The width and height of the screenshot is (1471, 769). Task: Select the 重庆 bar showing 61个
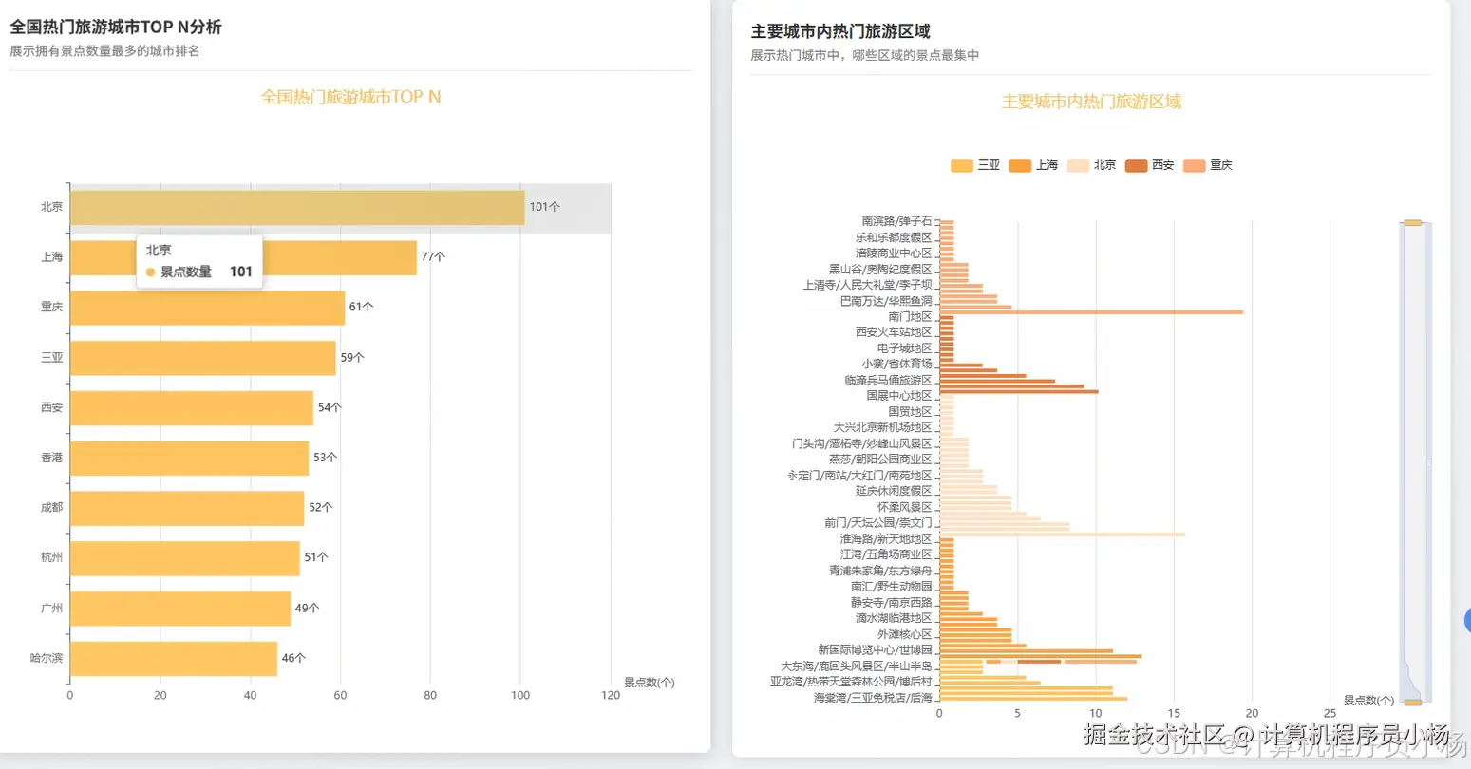point(207,308)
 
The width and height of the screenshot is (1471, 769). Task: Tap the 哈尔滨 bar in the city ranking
point(173,659)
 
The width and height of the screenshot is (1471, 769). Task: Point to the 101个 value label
point(544,207)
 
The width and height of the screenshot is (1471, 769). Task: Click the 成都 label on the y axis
point(51,508)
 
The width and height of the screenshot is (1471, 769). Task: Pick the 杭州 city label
point(51,557)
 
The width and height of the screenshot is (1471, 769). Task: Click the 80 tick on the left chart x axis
point(430,695)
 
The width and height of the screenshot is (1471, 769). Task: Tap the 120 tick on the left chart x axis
point(611,695)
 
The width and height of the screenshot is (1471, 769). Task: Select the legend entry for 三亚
point(975,165)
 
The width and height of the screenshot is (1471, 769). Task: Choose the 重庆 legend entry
point(1208,165)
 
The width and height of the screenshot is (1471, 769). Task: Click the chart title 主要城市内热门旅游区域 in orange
point(1091,102)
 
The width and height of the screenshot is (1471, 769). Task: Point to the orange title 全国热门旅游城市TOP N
point(350,97)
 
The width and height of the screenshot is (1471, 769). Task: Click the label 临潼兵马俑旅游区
point(888,380)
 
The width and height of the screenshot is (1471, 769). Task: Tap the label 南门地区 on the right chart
point(910,316)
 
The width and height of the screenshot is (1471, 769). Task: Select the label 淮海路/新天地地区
point(885,538)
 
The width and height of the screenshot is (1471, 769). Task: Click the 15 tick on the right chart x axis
point(1174,713)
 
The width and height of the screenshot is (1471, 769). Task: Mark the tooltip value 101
point(241,272)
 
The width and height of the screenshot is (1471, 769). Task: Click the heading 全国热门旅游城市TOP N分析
point(116,28)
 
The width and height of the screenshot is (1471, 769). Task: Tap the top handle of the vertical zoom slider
point(1413,223)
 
